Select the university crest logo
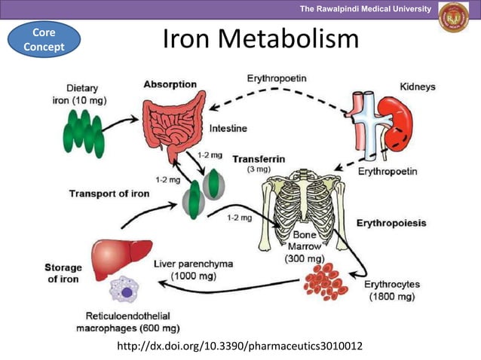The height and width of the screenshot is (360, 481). pyautogui.click(x=453, y=17)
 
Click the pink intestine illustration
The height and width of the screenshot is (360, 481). pyautogui.click(x=180, y=124)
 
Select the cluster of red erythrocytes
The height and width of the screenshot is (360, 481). pyautogui.click(x=325, y=279)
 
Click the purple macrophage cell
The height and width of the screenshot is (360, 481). pyautogui.click(x=127, y=292)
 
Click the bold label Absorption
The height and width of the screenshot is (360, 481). pyautogui.click(x=170, y=84)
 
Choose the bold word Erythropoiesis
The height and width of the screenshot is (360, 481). pyautogui.click(x=393, y=223)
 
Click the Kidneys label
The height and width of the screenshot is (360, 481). pyautogui.click(x=417, y=87)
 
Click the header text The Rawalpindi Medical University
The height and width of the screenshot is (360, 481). pyautogui.click(x=365, y=8)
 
